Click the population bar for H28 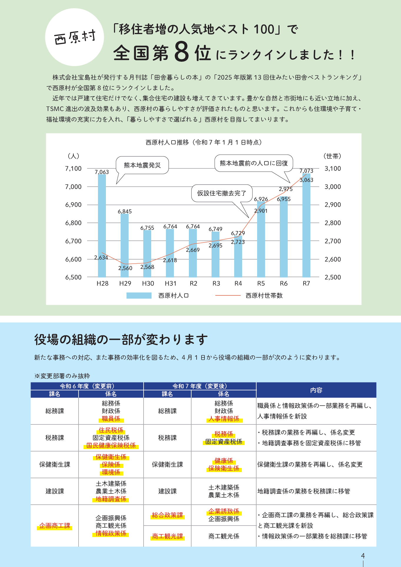coord(102,226)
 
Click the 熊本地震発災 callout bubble coord(142,165)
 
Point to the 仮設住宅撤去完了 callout coord(222,193)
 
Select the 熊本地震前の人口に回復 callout coord(254,163)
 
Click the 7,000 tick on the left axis coord(73,187)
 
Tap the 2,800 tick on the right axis coord(332,223)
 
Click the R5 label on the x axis coord(261,283)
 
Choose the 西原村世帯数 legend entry coord(264,295)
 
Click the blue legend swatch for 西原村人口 coord(139,295)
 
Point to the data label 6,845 coord(125,211)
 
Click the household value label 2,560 coord(125,268)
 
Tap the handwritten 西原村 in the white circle coord(75,37)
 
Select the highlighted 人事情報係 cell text coord(224,419)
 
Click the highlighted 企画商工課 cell coord(55,526)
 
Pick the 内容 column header coord(316,390)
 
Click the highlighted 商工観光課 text coord(167,536)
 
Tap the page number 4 coord(363,556)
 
